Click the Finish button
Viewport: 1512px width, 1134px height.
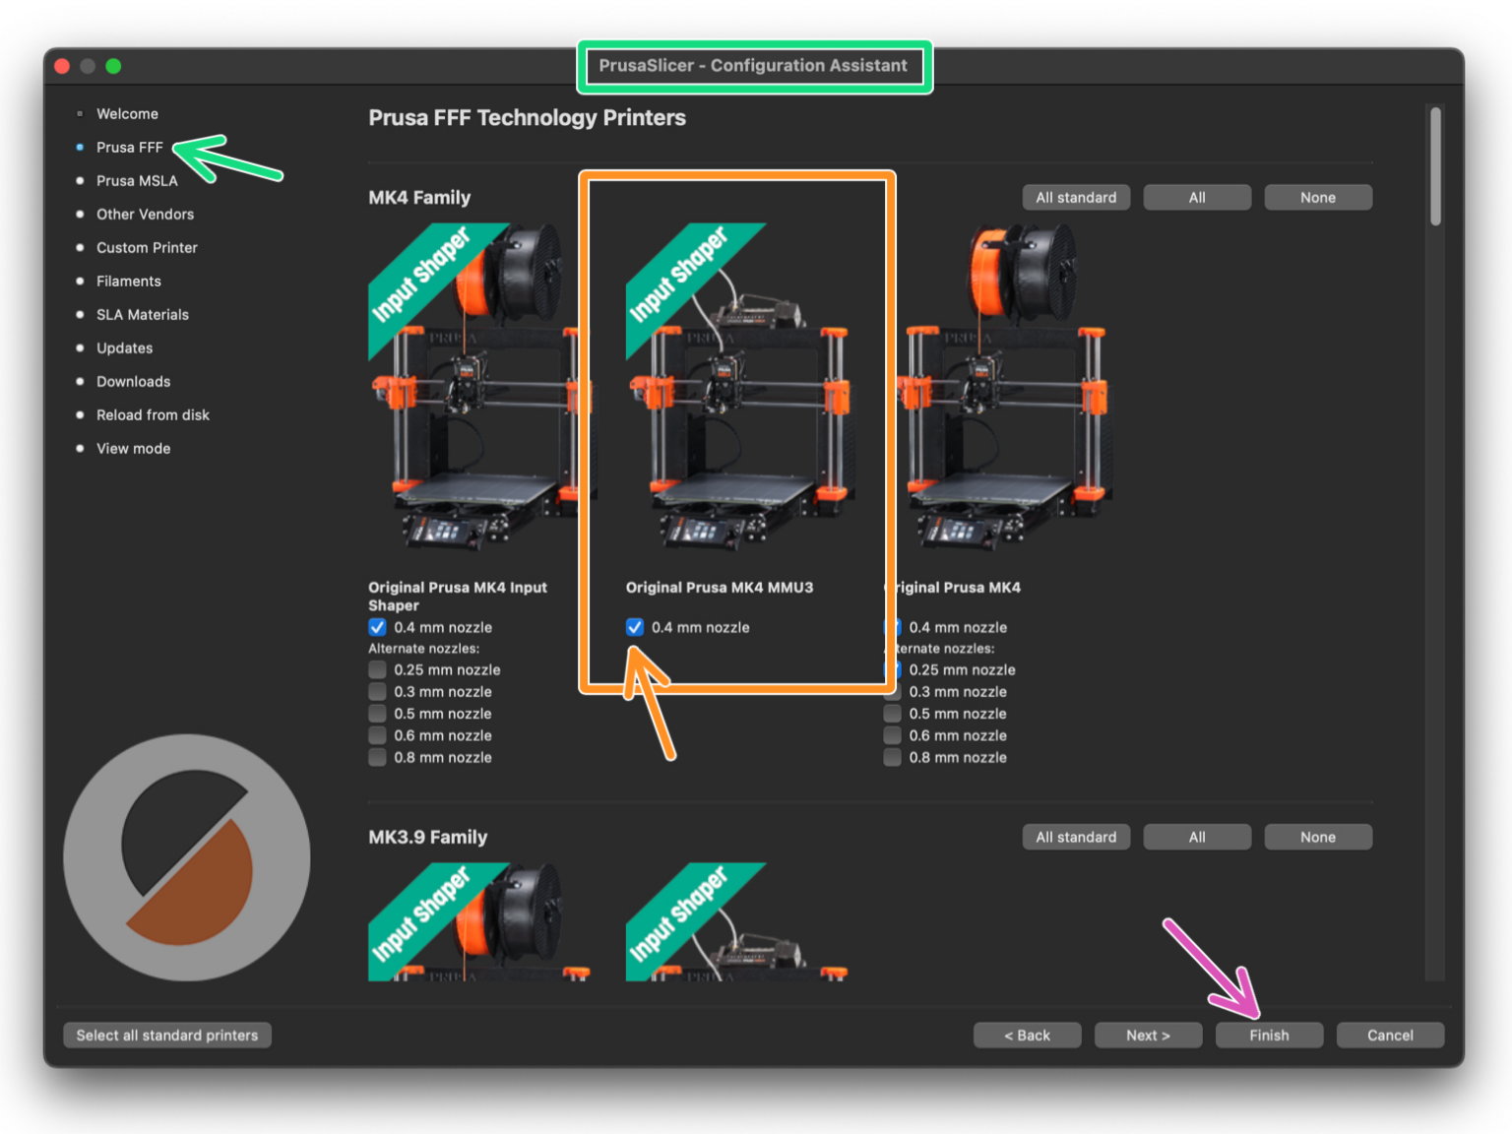(1269, 1035)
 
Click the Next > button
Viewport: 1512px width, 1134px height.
(1148, 1035)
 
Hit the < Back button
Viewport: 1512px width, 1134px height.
(1027, 1035)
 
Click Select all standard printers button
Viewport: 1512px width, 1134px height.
(167, 1035)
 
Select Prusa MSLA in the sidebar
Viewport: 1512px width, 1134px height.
(137, 181)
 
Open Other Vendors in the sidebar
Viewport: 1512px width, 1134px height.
(145, 215)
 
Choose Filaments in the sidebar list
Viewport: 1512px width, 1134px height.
(128, 282)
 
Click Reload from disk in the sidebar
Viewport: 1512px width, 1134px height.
(153, 415)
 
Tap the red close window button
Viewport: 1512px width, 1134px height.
(62, 66)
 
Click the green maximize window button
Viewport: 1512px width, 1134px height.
(113, 66)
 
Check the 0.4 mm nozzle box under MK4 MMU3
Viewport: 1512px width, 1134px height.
(635, 627)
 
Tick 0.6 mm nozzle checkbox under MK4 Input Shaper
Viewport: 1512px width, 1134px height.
(377, 735)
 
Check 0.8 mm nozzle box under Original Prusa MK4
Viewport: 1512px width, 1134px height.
(892, 757)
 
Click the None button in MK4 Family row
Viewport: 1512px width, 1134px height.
(1317, 198)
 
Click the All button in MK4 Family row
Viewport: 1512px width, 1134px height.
(1197, 198)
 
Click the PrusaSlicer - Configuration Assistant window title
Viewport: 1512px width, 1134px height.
(753, 66)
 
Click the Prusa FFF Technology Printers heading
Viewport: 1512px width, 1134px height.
(527, 118)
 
